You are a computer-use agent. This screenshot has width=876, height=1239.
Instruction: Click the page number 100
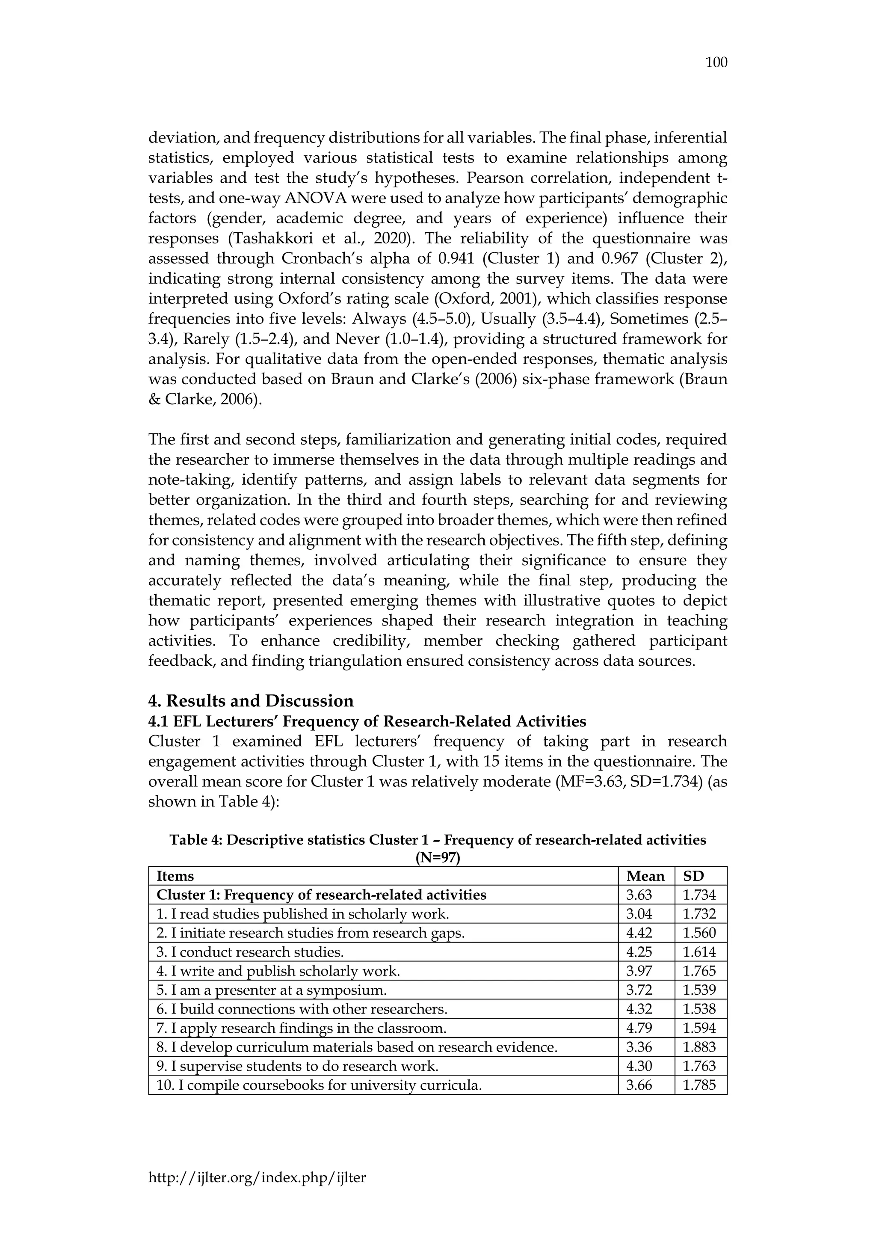pyautogui.click(x=716, y=62)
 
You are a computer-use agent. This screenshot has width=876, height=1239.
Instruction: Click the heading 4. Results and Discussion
pyautogui.click(x=251, y=701)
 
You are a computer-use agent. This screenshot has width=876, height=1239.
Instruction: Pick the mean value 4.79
pyautogui.click(x=639, y=1028)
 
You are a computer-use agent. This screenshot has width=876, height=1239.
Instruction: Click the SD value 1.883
pyautogui.click(x=699, y=1047)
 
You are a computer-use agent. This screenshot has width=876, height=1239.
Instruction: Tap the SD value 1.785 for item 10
pyautogui.click(x=699, y=1085)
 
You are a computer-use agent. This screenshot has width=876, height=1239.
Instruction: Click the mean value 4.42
pyautogui.click(x=639, y=933)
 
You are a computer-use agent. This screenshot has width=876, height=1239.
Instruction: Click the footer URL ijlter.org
pyautogui.click(x=257, y=1193)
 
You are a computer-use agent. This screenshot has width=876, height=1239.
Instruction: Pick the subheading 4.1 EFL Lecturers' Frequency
pyautogui.click(x=367, y=721)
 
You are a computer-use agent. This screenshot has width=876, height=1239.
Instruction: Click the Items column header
pyautogui.click(x=175, y=876)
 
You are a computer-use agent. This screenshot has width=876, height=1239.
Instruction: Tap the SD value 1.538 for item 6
pyautogui.click(x=699, y=1009)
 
